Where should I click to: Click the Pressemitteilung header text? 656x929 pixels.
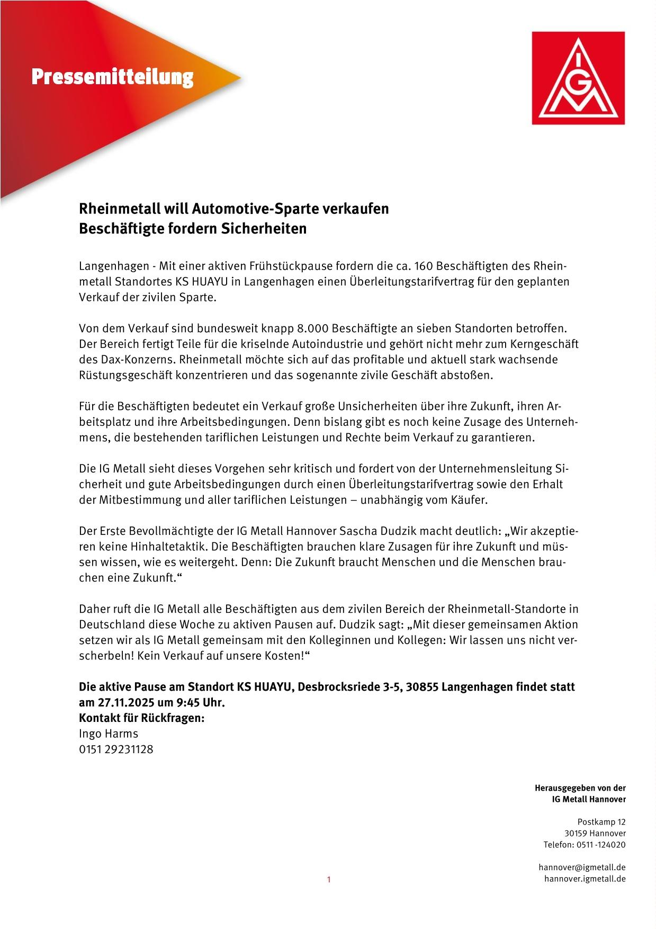click(112, 77)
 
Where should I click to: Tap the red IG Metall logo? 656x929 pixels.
click(578, 78)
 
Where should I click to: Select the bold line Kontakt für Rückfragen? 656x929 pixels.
click(142, 718)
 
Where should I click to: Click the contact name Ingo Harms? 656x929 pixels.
click(109, 734)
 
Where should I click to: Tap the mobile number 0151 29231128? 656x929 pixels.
click(116, 749)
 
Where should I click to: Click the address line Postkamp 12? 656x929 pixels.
click(601, 822)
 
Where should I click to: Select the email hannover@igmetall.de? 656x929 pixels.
click(582, 868)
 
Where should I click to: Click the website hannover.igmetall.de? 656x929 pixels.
click(585, 879)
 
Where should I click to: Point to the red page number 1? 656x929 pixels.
click(328, 880)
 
